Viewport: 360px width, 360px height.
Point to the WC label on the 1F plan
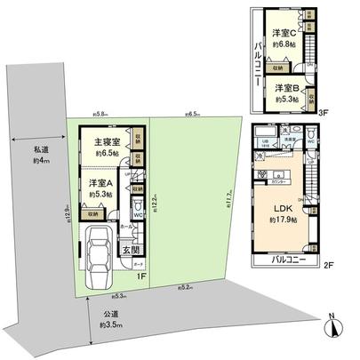point(138,214)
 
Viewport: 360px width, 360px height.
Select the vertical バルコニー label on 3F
point(254,62)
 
